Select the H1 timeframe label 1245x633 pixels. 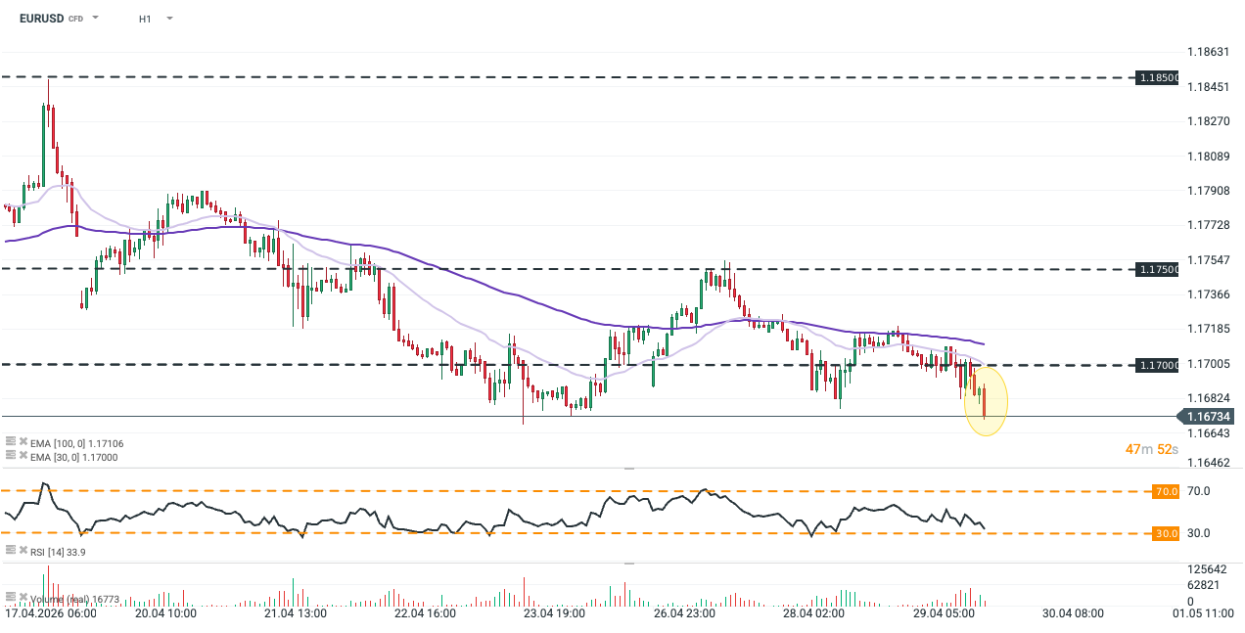pos(145,19)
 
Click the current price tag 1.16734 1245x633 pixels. pos(1208,417)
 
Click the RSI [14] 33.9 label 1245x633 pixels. pos(60,553)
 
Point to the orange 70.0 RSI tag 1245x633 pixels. pos(1166,491)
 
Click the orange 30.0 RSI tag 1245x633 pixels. pos(1166,533)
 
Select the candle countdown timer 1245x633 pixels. pos(1153,449)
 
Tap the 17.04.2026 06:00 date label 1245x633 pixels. pos(50,614)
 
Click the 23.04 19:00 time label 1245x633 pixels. pos(553,614)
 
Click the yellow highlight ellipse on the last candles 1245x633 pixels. pos(986,400)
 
